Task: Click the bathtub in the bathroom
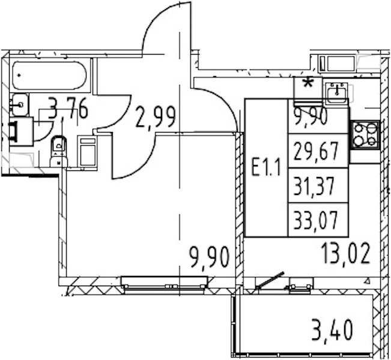[49, 75]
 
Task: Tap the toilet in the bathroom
[59, 151]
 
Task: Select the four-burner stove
[365, 134]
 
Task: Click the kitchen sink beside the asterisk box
[337, 93]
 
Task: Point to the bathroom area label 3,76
[68, 109]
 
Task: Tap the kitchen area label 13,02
[346, 254]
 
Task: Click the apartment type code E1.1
[266, 167]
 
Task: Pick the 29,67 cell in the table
[318, 151]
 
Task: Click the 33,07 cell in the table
[318, 220]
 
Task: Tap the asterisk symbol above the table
[309, 84]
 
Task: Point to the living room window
[165, 283]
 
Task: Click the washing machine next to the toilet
[87, 151]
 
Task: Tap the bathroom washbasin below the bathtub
[20, 105]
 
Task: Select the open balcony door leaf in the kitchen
[270, 280]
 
